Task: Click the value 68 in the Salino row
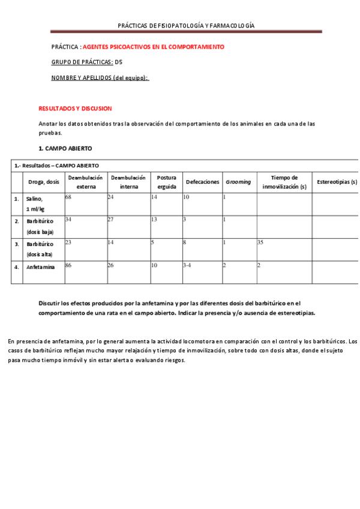[68, 197]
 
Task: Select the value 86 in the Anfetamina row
[68, 265]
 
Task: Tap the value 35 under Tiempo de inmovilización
[260, 242]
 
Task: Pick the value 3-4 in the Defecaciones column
[187, 265]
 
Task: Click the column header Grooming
[238, 182]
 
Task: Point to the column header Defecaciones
[202, 182]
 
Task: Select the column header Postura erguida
[166, 182]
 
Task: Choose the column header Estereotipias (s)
[337, 182]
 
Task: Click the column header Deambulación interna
[128, 182]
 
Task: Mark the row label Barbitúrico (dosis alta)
[40, 249]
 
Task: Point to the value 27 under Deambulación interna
[110, 220]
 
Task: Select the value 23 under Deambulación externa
[68, 242]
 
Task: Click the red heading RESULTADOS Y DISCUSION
[75, 109]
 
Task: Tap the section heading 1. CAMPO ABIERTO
[65, 148]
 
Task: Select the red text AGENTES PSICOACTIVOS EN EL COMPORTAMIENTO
[153, 46]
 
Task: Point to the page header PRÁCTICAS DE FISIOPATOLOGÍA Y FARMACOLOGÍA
[186, 26]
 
